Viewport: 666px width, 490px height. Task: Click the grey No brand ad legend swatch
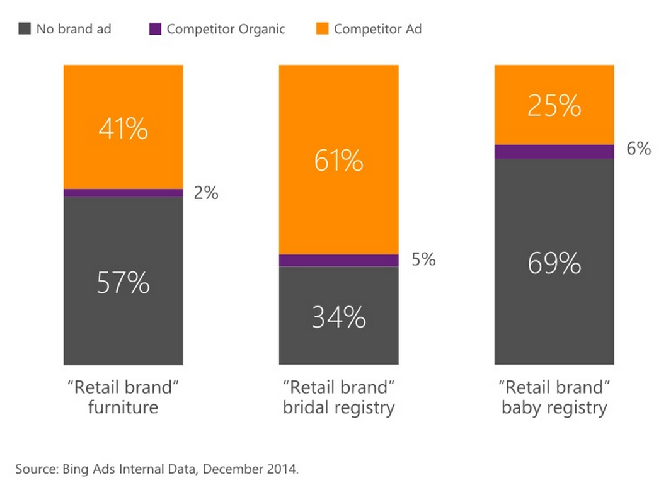pos(25,29)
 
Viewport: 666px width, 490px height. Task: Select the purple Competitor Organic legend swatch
pos(155,29)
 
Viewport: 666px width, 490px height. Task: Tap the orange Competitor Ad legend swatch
pos(321,29)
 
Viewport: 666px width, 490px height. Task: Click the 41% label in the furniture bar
pos(123,129)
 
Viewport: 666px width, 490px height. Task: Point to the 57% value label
pos(123,284)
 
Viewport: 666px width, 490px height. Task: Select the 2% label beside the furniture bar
pos(206,193)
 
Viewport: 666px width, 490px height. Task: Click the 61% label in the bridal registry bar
pos(339,161)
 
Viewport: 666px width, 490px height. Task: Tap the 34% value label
pos(339,317)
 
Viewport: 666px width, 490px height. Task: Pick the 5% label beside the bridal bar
pos(423,259)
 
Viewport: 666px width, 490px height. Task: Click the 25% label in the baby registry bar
pos(554,106)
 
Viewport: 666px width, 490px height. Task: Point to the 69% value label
pos(554,263)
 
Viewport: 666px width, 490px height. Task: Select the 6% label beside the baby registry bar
pos(639,149)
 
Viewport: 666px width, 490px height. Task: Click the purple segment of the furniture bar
pos(123,193)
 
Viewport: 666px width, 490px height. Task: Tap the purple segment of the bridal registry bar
pos(339,260)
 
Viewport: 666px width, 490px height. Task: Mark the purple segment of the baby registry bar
pos(554,151)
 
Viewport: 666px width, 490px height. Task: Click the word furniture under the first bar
pos(123,407)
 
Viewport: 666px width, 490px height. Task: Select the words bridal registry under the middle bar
pos(339,407)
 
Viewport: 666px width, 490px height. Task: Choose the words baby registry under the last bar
pos(554,407)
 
